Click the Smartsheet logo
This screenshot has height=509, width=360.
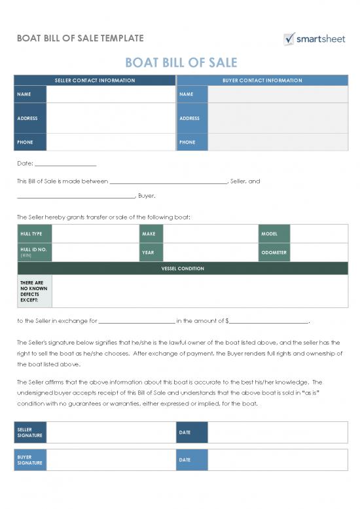[x=314, y=39]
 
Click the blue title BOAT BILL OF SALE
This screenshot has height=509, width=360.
[x=181, y=63]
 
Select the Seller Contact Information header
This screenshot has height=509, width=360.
[x=95, y=81]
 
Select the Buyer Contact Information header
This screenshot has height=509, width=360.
[x=262, y=81]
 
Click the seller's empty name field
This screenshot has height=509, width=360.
[x=111, y=94]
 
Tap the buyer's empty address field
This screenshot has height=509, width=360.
[x=278, y=119]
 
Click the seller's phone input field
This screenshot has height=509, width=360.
[x=111, y=142]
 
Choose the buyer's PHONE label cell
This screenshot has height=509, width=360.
[x=192, y=142]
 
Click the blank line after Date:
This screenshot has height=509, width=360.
[x=65, y=164]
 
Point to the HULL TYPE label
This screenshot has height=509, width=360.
[x=33, y=234]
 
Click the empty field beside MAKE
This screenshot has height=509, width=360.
[x=211, y=234]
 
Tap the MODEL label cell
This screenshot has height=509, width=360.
[x=274, y=234]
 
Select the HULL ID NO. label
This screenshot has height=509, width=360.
[x=33, y=252]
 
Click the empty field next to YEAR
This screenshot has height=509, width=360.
[x=211, y=252]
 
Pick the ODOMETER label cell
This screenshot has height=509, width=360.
[x=274, y=252]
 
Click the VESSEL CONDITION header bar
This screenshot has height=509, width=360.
[x=183, y=269]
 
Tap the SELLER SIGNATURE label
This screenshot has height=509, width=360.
[x=31, y=432]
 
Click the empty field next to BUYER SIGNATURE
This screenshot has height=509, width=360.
[x=111, y=460]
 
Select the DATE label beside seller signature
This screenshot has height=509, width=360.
[x=191, y=432]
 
